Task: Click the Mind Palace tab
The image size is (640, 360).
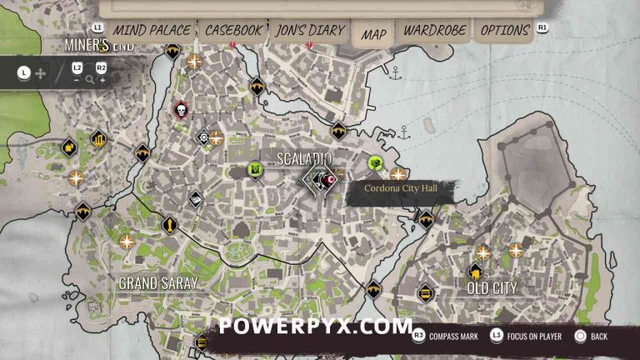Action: tap(152, 31)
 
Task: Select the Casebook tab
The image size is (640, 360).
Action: tap(234, 31)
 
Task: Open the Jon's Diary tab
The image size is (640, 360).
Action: tap(309, 31)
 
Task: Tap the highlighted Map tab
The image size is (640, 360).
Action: tap(373, 34)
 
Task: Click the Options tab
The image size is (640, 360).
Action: tap(505, 31)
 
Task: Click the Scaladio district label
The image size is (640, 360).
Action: tap(304, 158)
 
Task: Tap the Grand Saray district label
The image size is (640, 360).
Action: tap(158, 283)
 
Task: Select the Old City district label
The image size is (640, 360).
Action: tap(492, 288)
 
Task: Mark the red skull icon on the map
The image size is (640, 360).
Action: tap(180, 109)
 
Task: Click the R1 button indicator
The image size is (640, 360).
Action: tap(542, 27)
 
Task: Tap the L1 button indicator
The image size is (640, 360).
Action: tap(97, 27)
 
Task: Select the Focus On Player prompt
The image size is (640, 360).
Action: tap(525, 337)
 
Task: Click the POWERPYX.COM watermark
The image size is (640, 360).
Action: tap(316, 326)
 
